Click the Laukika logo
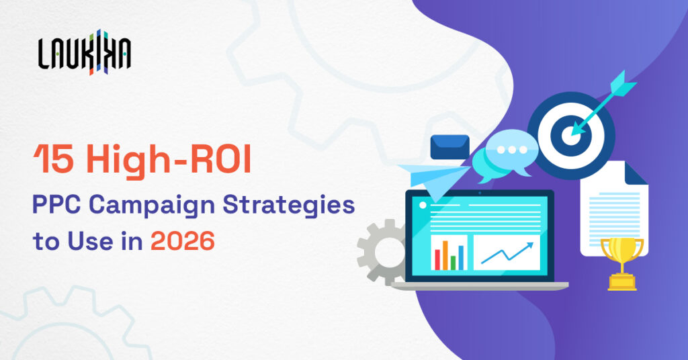pos(85,52)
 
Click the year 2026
pos(183,240)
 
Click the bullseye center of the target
pos(570,132)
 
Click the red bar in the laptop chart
pos(437,258)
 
